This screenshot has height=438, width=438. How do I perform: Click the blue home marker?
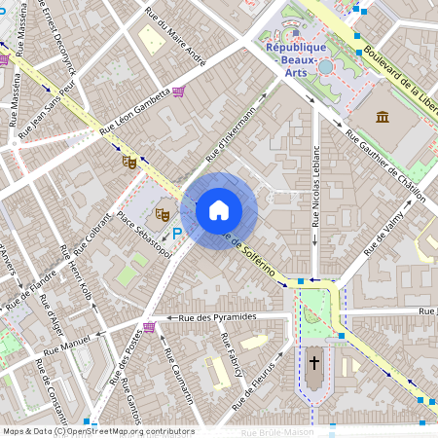[x=219, y=210]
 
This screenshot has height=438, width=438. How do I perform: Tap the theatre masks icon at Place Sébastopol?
[x=163, y=211]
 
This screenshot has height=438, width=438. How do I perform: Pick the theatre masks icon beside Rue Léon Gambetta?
[x=128, y=162]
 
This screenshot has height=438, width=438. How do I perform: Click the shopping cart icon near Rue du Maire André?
[x=179, y=91]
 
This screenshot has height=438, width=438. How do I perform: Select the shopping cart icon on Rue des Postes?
[x=149, y=327]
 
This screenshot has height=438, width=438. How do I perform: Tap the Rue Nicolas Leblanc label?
[x=315, y=186]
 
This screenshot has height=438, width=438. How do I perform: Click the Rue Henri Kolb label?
[x=80, y=277]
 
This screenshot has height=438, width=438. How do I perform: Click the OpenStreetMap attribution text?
[x=97, y=431]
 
